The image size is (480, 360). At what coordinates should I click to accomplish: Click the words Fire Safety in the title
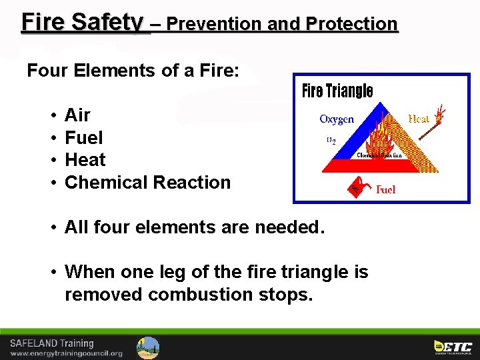pos(82,22)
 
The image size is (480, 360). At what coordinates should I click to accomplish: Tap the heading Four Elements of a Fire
pos(133,71)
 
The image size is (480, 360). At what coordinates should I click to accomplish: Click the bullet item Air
pos(77,115)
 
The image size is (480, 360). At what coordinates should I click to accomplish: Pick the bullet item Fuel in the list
pos(83,138)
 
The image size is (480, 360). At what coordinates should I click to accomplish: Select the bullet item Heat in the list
pos(85,160)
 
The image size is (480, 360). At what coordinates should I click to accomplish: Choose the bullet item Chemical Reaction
pos(147,182)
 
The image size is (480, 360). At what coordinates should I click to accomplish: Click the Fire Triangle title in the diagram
pos(337,91)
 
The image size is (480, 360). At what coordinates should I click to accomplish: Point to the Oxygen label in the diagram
pos(337,119)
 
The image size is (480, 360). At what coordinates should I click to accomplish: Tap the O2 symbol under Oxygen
pos(331,141)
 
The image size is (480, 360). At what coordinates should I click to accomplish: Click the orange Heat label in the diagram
pos(419,119)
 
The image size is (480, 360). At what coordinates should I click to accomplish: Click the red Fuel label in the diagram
pos(385,189)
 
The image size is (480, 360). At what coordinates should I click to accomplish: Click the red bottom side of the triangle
pos(373,165)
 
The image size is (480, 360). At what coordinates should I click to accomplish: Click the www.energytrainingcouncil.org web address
pos(66,353)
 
